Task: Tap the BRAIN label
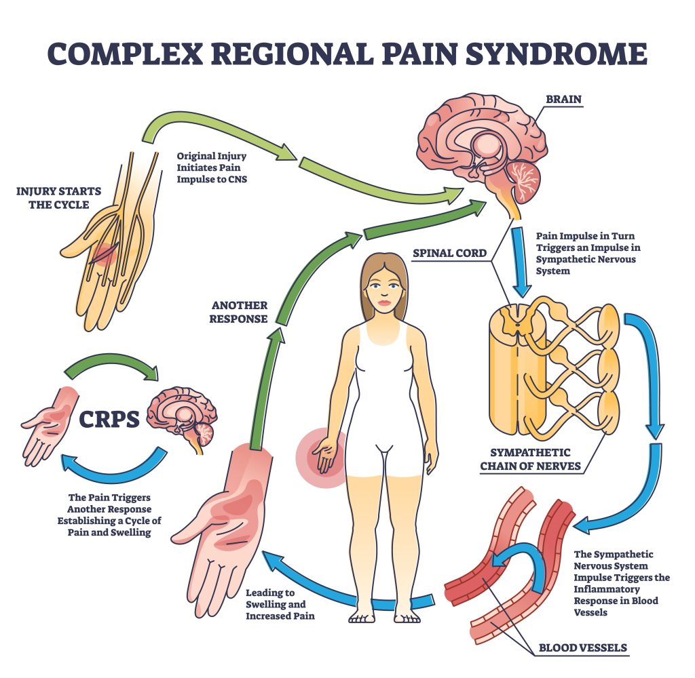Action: [563, 99]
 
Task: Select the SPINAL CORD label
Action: [450, 254]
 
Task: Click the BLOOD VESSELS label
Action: [582, 647]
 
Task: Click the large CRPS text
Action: [110, 418]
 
